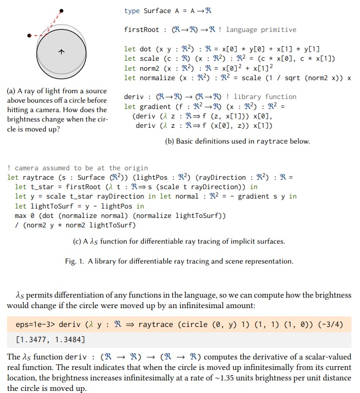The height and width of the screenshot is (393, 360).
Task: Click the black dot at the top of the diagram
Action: point(62,10)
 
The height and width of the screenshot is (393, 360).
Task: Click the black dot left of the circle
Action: point(29,36)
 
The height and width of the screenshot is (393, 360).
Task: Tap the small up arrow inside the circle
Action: point(61,52)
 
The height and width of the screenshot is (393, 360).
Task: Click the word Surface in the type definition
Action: point(158,10)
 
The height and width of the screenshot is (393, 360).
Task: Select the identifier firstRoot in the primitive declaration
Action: point(141,30)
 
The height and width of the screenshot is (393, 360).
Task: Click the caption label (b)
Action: point(170,141)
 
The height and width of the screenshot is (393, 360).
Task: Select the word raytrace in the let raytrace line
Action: point(39,177)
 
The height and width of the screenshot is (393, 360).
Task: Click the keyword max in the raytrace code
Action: point(21,216)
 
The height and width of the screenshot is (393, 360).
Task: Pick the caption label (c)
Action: point(78,242)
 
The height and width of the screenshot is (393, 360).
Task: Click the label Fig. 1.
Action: point(75,261)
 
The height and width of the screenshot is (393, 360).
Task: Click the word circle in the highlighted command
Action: point(185,324)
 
